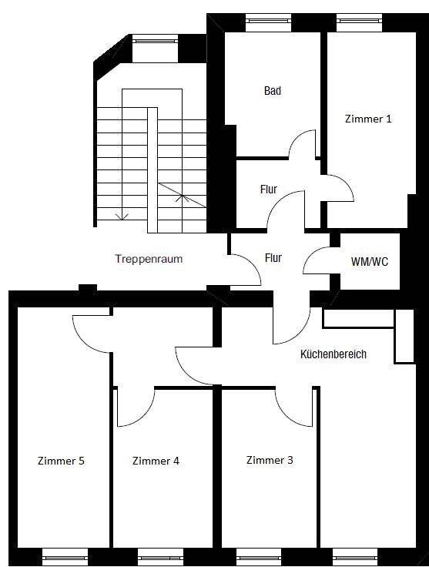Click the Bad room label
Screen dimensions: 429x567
click(273, 90)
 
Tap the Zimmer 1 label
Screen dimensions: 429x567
click(368, 119)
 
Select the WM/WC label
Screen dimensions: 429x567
click(370, 261)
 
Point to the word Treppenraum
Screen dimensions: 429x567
click(149, 259)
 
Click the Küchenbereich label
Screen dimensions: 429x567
click(333, 354)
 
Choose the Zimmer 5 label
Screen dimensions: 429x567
click(61, 461)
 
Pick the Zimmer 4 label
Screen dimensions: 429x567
click(156, 461)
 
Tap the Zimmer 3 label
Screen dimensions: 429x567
click(270, 460)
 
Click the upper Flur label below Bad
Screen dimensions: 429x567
click(269, 189)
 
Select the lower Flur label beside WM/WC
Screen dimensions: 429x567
click(273, 258)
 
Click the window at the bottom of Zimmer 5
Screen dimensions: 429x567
click(65, 557)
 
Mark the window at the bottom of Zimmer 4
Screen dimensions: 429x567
click(160, 557)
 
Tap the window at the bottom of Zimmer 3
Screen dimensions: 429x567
click(259, 557)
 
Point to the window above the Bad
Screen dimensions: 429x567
click(269, 23)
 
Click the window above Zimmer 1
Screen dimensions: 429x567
click(359, 23)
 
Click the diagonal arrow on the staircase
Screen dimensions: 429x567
click(183, 195)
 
